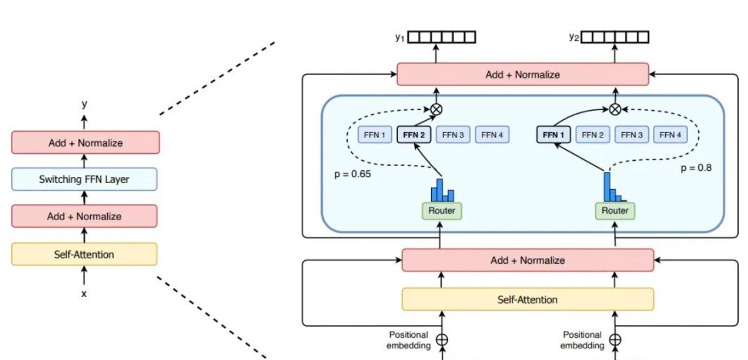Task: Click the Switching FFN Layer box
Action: click(84, 179)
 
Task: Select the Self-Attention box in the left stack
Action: click(84, 254)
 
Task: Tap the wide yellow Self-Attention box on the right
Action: click(527, 299)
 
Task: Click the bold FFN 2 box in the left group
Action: click(414, 135)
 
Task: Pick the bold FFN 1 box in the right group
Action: click(553, 135)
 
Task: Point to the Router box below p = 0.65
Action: click(441, 210)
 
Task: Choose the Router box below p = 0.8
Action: click(615, 210)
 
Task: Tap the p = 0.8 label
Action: click(696, 168)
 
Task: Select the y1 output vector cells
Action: click(442, 37)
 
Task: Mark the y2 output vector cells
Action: click(615, 37)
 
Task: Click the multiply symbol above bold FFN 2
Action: click(436, 108)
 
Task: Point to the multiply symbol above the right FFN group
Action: click(615, 108)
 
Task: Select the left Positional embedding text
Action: click(408, 340)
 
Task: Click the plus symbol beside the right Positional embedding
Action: click(615, 339)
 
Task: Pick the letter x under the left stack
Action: click(84, 294)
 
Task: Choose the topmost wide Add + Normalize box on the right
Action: click(523, 75)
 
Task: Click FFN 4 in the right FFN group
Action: click(671, 135)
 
